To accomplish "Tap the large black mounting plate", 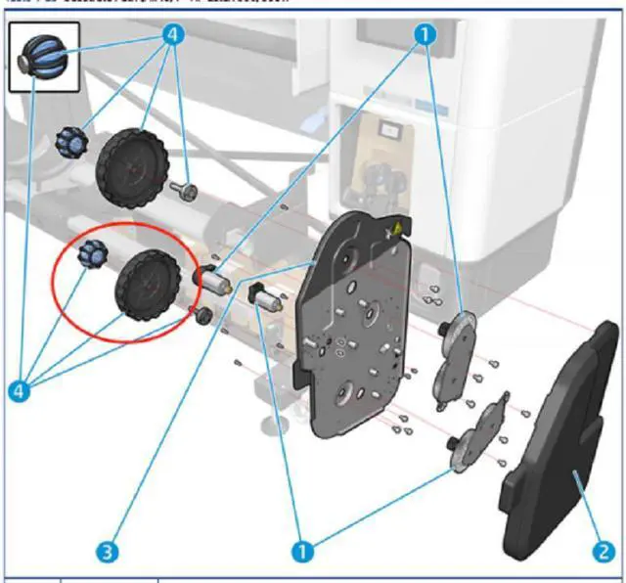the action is tap(352, 333).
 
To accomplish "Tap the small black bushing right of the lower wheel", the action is tap(201, 315).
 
